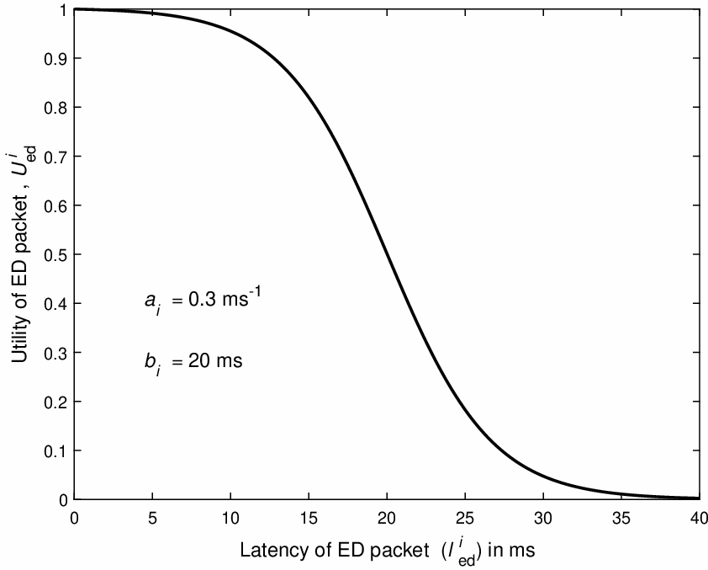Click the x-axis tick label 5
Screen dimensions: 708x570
[x=153, y=518]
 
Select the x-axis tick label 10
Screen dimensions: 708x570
[x=230, y=518]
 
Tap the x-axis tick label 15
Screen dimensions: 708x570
[x=309, y=518]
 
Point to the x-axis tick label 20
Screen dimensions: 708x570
[x=387, y=518]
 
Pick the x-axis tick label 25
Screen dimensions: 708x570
[x=465, y=518]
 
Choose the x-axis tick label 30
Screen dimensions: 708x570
[x=542, y=518]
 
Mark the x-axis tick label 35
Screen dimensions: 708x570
[x=621, y=518]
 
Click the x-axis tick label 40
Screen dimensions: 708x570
[x=698, y=518]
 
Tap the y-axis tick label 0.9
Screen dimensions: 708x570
[x=56, y=58]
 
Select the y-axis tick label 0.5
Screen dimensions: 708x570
[x=56, y=254]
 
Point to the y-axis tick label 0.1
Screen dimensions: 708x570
[x=56, y=450]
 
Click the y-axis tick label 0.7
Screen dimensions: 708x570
[x=56, y=157]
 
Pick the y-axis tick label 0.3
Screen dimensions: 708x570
[x=56, y=353]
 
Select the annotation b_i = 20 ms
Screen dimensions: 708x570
[x=193, y=363]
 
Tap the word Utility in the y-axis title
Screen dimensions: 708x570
[x=20, y=339]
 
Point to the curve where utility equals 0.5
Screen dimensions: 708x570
[x=387, y=254]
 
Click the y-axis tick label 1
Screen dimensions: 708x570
[x=64, y=9]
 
